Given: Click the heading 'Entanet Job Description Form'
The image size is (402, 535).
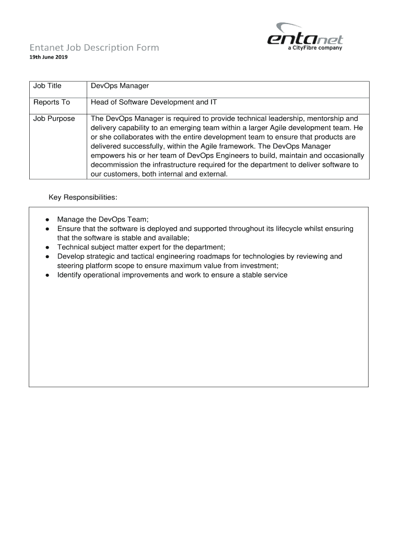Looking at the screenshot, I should pos(93,48).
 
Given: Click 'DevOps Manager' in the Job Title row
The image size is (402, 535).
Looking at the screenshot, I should pos(120,86).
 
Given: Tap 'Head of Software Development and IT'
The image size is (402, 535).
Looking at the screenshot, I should pos(153,102).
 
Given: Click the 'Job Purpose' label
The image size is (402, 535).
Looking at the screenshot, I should pos(54,119).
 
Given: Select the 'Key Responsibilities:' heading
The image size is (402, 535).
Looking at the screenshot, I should pos(83,197).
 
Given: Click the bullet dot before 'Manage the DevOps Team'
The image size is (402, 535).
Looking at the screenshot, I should pos(47,219).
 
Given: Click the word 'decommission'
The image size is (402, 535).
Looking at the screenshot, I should pos(113,165).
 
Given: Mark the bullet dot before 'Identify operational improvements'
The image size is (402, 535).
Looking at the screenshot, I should pos(47,275).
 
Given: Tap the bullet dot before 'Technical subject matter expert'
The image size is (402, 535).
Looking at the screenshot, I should pos(47,248).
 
